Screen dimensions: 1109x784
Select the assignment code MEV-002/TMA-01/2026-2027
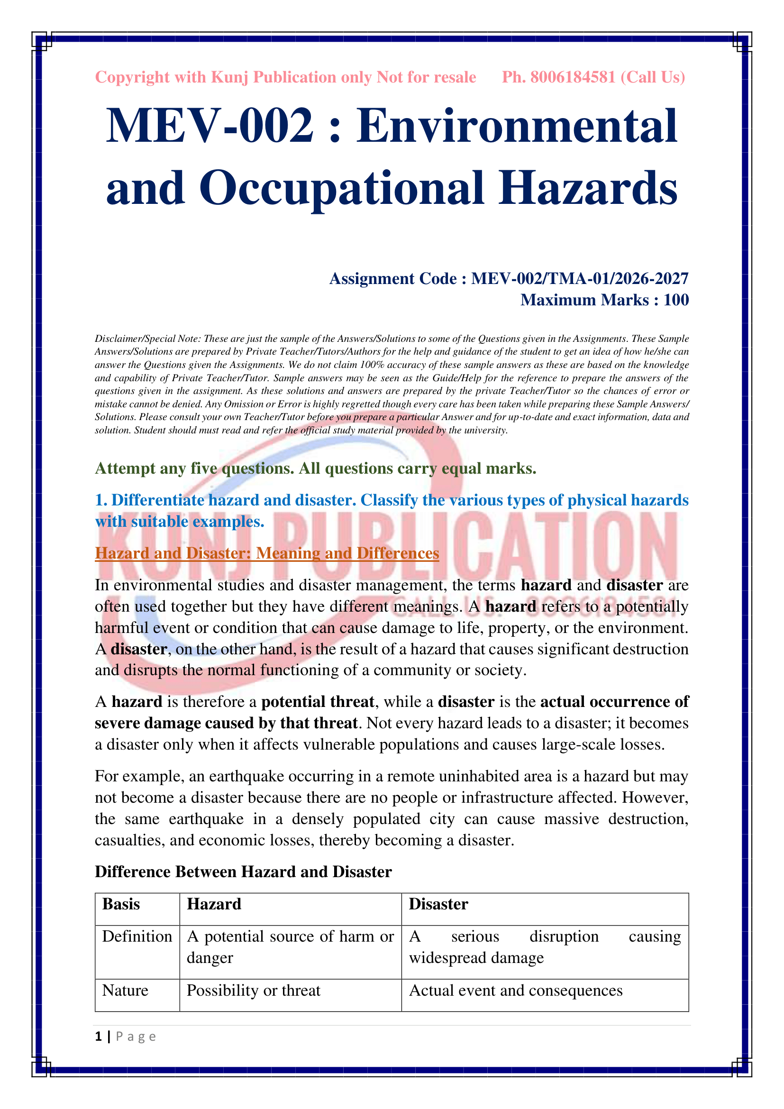click(x=579, y=279)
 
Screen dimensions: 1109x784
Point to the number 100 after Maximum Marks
click(x=676, y=300)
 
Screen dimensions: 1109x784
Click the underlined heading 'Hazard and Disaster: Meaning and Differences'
click(x=266, y=553)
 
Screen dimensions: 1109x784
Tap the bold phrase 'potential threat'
click(x=318, y=701)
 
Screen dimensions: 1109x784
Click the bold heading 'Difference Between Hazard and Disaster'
click(x=243, y=871)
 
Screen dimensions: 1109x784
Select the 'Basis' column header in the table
click(x=121, y=904)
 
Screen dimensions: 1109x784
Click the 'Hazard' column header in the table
click(x=214, y=904)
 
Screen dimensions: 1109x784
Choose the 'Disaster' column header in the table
click(x=438, y=904)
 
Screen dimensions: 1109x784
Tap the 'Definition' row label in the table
click(x=137, y=936)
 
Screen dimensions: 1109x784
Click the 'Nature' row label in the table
click(x=125, y=990)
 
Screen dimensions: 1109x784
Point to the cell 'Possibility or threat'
click(x=254, y=990)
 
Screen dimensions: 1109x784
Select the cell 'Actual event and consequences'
click(x=516, y=990)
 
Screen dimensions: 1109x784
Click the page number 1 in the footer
click(x=99, y=1036)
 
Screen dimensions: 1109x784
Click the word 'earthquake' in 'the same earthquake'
click(x=206, y=819)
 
